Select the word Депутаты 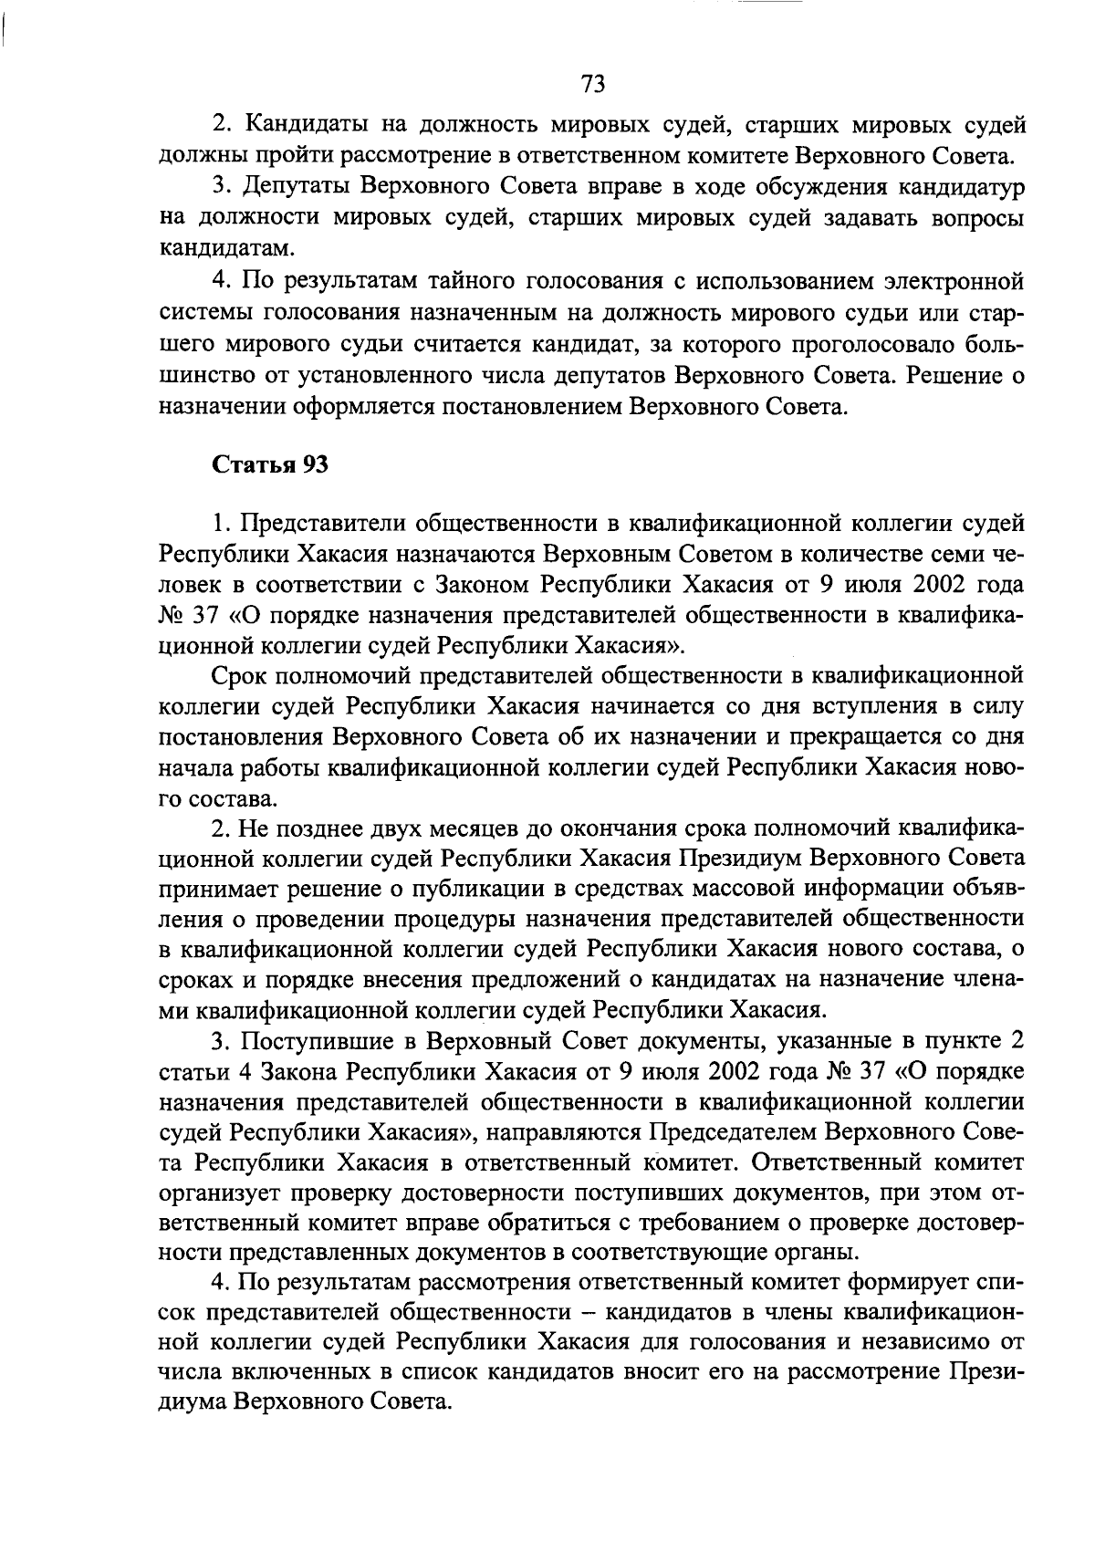click(295, 187)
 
